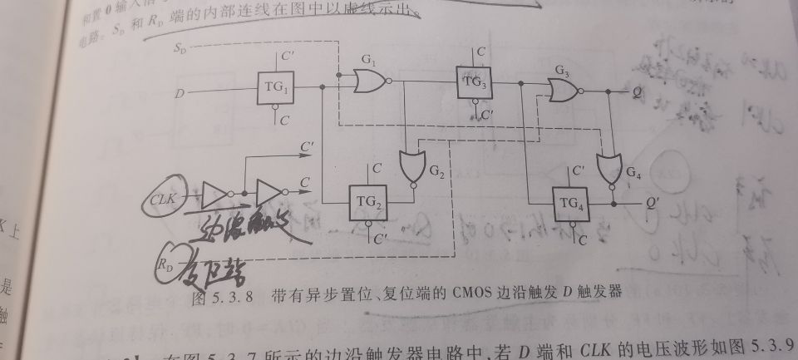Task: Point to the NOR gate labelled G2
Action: click(410, 167)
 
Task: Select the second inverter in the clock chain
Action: click(269, 193)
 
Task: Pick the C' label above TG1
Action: click(287, 57)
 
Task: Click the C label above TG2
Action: click(377, 169)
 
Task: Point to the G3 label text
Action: click(562, 70)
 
